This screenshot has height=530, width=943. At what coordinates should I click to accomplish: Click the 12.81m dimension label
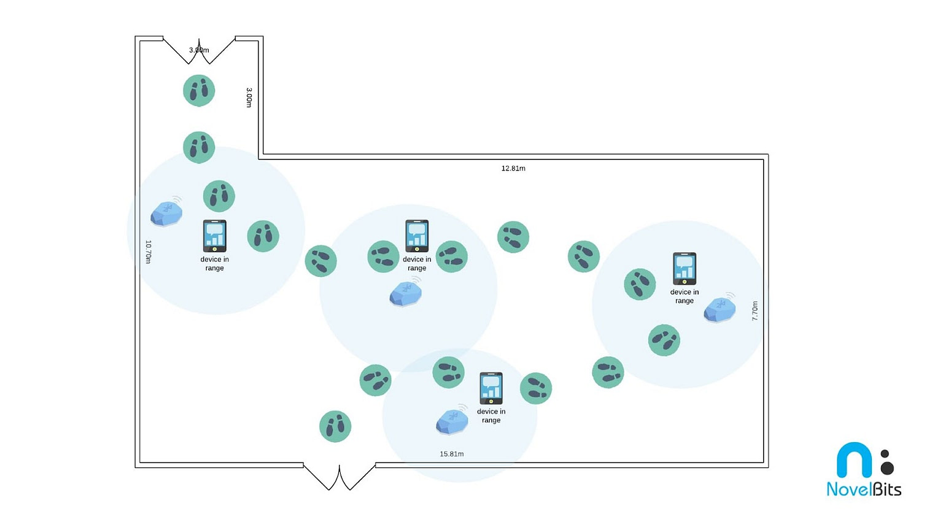(513, 168)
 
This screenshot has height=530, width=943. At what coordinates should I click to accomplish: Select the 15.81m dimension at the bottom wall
(451, 454)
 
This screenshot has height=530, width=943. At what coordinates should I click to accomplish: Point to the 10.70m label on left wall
(148, 252)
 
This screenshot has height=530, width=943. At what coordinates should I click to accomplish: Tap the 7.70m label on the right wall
(755, 310)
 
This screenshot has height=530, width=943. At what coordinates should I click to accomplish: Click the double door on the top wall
(199, 50)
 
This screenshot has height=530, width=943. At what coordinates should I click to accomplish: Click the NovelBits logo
(864, 469)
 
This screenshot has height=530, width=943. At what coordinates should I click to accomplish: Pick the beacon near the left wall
(166, 213)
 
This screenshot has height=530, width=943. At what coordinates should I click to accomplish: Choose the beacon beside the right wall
(720, 309)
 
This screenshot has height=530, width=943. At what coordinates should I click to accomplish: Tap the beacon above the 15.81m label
(452, 421)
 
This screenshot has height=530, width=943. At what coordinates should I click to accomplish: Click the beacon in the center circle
(406, 293)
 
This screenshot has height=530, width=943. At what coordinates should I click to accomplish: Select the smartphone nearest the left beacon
(214, 236)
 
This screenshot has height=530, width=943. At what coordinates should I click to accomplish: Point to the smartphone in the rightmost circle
(684, 269)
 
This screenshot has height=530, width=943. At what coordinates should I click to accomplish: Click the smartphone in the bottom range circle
(491, 388)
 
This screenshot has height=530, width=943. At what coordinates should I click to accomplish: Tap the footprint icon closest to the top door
(199, 90)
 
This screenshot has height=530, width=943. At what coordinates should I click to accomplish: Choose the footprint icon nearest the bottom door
(335, 426)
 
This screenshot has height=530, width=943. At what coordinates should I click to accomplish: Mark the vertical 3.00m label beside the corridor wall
(249, 97)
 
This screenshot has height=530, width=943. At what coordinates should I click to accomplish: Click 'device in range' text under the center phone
(417, 264)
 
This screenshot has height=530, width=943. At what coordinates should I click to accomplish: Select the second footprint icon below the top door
(199, 147)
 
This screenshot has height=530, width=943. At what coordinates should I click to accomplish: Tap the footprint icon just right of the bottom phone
(535, 388)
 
